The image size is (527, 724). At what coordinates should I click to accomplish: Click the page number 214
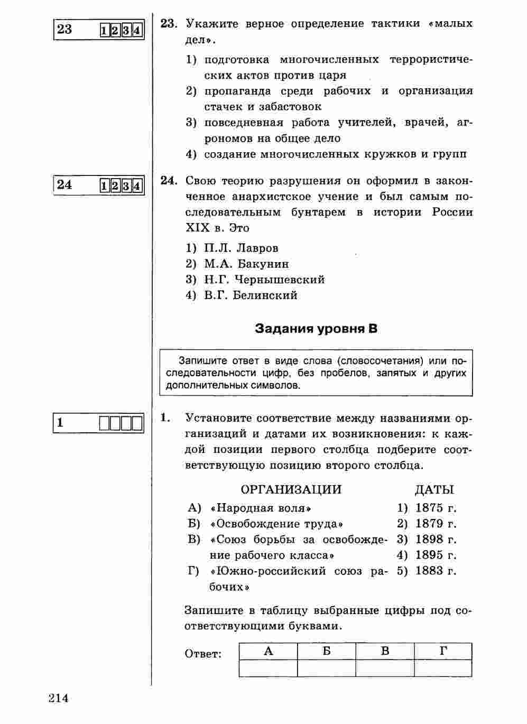click(x=59, y=698)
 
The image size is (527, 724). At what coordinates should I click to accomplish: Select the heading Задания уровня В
click(x=316, y=329)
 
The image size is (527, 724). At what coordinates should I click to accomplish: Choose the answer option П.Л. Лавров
click(x=241, y=248)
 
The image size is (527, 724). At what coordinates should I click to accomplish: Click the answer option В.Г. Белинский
click(x=251, y=295)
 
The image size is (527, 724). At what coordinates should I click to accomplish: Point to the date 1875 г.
click(x=436, y=508)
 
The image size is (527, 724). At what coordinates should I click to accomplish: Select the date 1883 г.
click(x=436, y=571)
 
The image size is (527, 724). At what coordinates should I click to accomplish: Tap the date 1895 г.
click(x=436, y=555)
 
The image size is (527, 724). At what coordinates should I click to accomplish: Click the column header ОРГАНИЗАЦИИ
click(x=291, y=490)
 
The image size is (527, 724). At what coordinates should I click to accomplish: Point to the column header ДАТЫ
click(x=434, y=490)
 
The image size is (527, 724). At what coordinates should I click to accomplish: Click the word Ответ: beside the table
click(x=203, y=654)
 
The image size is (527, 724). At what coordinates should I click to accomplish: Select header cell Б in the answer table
click(x=327, y=652)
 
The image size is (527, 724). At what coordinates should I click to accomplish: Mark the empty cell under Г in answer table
click(x=443, y=669)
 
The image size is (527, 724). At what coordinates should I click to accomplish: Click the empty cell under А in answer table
click(x=268, y=669)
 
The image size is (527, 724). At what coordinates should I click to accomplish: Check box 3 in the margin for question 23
click(x=126, y=30)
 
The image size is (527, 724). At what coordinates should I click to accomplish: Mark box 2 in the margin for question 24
click(x=115, y=186)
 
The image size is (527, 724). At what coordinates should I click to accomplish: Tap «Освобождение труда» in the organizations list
click(x=276, y=524)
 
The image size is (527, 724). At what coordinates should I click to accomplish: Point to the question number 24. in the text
click(x=168, y=181)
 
